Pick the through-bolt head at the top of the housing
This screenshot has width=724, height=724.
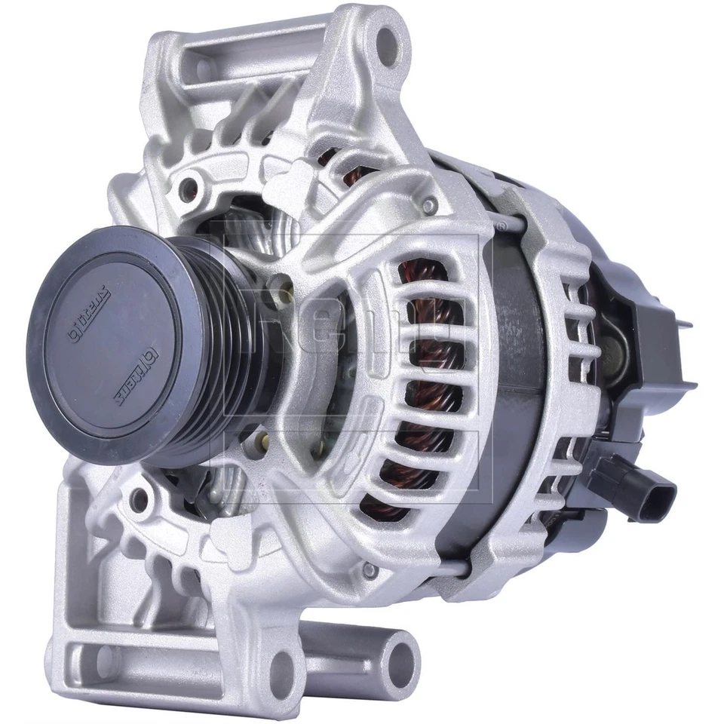429,204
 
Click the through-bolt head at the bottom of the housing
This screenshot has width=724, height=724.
370,571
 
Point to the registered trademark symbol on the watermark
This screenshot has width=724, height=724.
500,225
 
